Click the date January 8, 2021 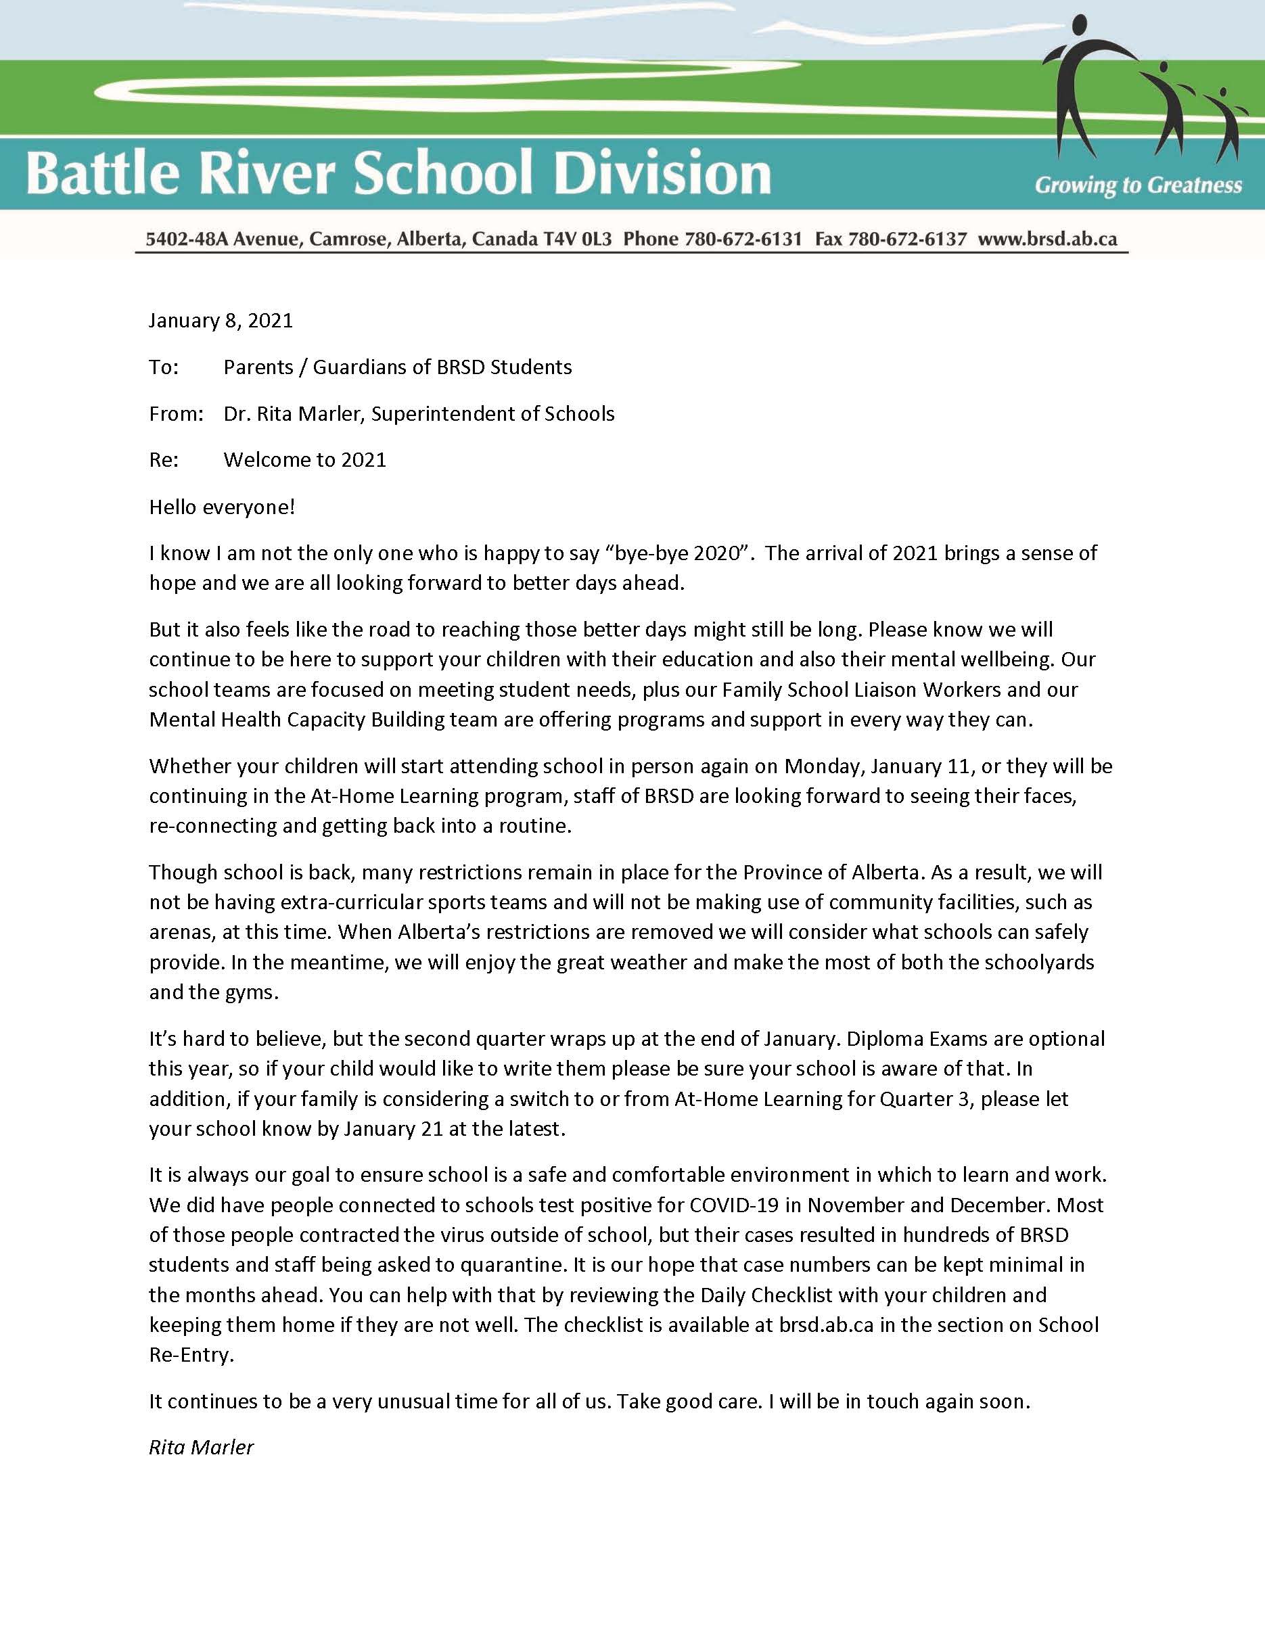pyautogui.click(x=221, y=321)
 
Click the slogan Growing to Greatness pyautogui.click(x=1138, y=185)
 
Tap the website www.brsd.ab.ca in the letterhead pyautogui.click(x=1047, y=239)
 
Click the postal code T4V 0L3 pyautogui.click(x=581, y=239)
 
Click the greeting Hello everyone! pyautogui.click(x=222, y=507)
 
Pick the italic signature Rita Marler pyautogui.click(x=201, y=1448)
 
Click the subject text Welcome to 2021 pyautogui.click(x=304, y=459)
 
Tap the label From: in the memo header pyautogui.click(x=176, y=414)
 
